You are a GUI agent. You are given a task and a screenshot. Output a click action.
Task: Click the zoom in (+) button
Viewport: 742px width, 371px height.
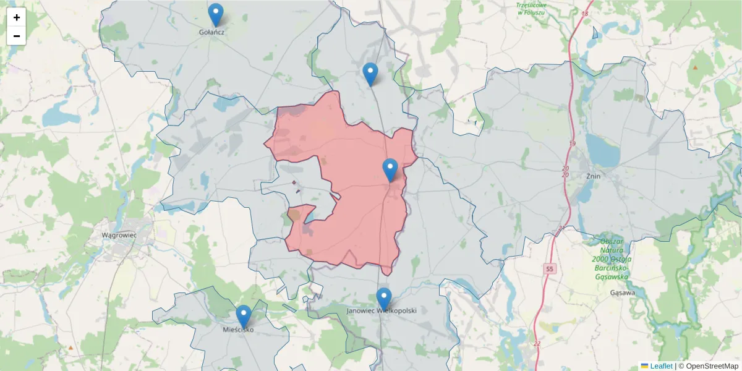tap(17, 17)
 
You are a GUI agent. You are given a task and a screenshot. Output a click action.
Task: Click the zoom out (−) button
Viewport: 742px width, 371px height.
tap(17, 36)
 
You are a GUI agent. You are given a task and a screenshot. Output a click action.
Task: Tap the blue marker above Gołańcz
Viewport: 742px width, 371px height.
tap(215, 14)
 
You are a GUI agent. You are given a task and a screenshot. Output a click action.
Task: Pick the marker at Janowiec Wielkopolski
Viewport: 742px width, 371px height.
tap(384, 299)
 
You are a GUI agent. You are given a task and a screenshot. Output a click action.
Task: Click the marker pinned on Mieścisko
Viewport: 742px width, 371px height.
tap(244, 316)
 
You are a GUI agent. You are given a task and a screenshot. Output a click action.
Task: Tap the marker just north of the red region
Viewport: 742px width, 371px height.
tap(370, 74)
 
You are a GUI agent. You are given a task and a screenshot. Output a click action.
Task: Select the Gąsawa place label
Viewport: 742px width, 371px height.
tap(622, 293)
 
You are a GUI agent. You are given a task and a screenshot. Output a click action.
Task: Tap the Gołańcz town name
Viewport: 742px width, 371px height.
tap(211, 32)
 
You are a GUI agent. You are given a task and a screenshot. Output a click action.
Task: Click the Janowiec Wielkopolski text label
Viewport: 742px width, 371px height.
tap(382, 310)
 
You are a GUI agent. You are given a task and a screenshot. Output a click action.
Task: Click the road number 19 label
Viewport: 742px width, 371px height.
tap(572, 144)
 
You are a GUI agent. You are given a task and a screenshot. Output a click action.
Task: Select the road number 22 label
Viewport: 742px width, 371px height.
tap(537, 344)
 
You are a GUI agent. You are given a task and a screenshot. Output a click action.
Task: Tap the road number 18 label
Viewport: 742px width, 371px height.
tap(585, 13)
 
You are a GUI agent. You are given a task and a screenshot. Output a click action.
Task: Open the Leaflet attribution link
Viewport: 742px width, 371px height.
tap(660, 366)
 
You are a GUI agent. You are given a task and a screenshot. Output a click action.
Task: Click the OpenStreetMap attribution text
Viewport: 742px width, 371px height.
tap(711, 366)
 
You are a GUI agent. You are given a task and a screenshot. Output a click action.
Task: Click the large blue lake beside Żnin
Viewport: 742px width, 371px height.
tap(602, 150)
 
